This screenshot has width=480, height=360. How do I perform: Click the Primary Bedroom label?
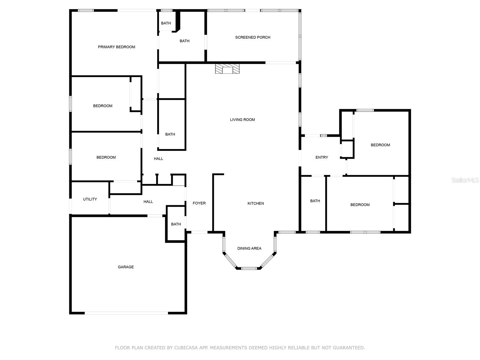click(116, 47)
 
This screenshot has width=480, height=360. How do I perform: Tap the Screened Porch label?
click(253, 37)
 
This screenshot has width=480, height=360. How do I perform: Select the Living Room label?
click(242, 120)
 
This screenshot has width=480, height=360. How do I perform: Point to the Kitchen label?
click(256, 203)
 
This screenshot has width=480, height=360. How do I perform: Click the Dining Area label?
click(249, 248)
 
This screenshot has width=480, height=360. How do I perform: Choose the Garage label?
click(126, 267)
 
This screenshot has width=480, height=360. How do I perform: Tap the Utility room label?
click(90, 199)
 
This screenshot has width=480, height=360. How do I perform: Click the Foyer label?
click(199, 203)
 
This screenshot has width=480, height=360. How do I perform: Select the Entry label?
click(322, 157)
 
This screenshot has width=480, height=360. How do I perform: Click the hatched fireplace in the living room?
click(227, 69)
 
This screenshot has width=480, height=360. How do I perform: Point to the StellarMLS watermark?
click(465, 180)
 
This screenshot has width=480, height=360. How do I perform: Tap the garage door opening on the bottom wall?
click(126, 313)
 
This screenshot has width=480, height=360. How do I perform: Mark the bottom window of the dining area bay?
click(249, 268)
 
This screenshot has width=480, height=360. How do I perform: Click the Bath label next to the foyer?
click(176, 224)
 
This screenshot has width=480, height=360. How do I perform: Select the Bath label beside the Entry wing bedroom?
click(315, 201)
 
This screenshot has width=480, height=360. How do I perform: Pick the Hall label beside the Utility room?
click(148, 202)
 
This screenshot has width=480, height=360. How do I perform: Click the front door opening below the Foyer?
click(199, 232)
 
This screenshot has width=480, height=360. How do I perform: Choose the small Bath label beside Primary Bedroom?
click(166, 23)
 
